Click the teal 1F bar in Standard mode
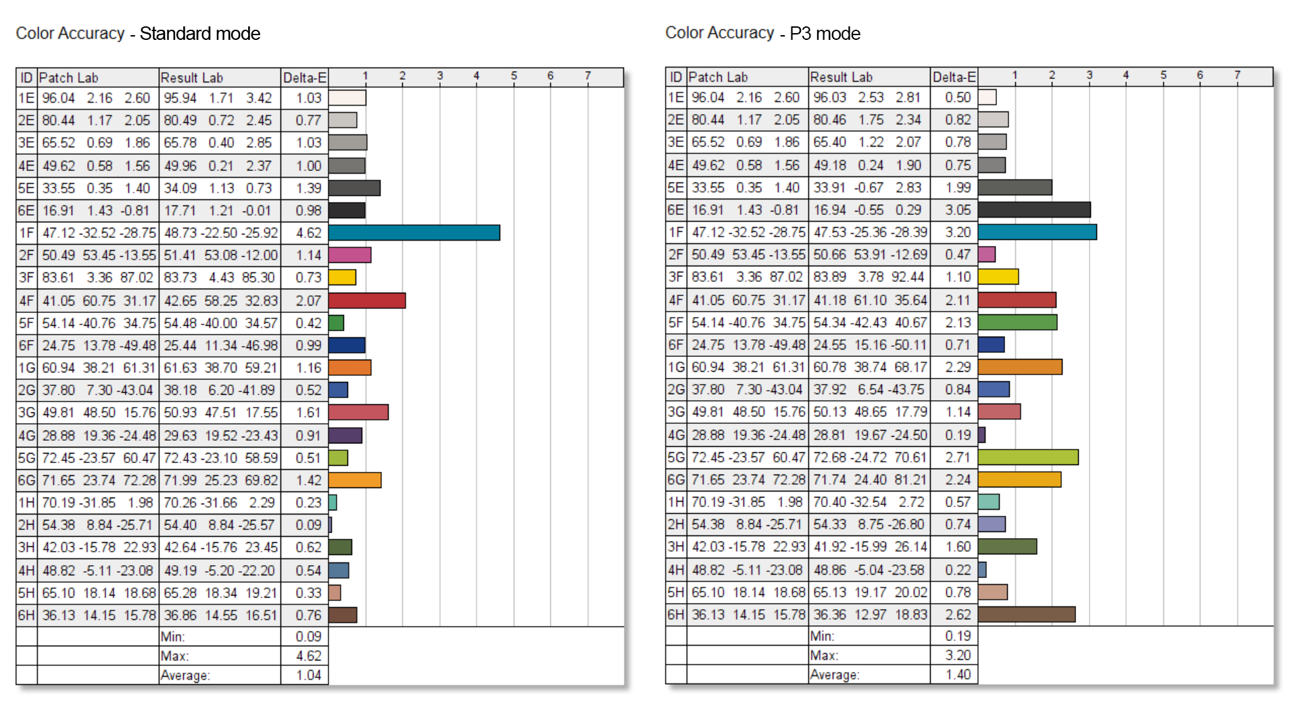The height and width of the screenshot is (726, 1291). pyautogui.click(x=414, y=233)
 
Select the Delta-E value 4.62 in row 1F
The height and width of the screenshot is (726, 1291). pyautogui.click(x=308, y=233)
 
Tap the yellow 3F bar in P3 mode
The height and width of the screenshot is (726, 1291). pyautogui.click(x=998, y=276)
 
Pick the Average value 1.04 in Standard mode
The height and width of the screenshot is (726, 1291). pyautogui.click(x=308, y=675)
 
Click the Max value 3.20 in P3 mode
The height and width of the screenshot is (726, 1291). pyautogui.click(x=958, y=655)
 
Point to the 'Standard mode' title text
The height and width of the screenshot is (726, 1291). pyautogui.click(x=199, y=34)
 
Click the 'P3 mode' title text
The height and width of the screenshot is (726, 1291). pyautogui.click(x=825, y=34)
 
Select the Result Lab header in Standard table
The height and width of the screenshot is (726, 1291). pyautogui.click(x=192, y=78)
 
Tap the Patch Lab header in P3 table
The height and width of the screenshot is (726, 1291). pyautogui.click(x=718, y=77)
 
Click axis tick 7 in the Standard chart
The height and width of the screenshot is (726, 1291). pyautogui.click(x=587, y=76)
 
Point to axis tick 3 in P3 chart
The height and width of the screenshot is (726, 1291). pyautogui.click(x=1089, y=75)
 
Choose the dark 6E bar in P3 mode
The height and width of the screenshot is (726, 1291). pyautogui.click(x=1034, y=210)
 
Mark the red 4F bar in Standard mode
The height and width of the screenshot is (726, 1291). pyautogui.click(x=367, y=300)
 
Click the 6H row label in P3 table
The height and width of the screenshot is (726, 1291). pyautogui.click(x=676, y=614)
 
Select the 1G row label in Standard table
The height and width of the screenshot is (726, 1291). pyautogui.click(x=27, y=368)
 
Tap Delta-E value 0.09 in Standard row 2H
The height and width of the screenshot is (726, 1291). pyautogui.click(x=308, y=525)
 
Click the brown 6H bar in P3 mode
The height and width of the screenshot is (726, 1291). pyautogui.click(x=1026, y=614)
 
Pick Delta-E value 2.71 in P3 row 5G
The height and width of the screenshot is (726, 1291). pyautogui.click(x=958, y=457)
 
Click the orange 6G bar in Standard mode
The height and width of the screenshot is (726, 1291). pyautogui.click(x=355, y=480)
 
